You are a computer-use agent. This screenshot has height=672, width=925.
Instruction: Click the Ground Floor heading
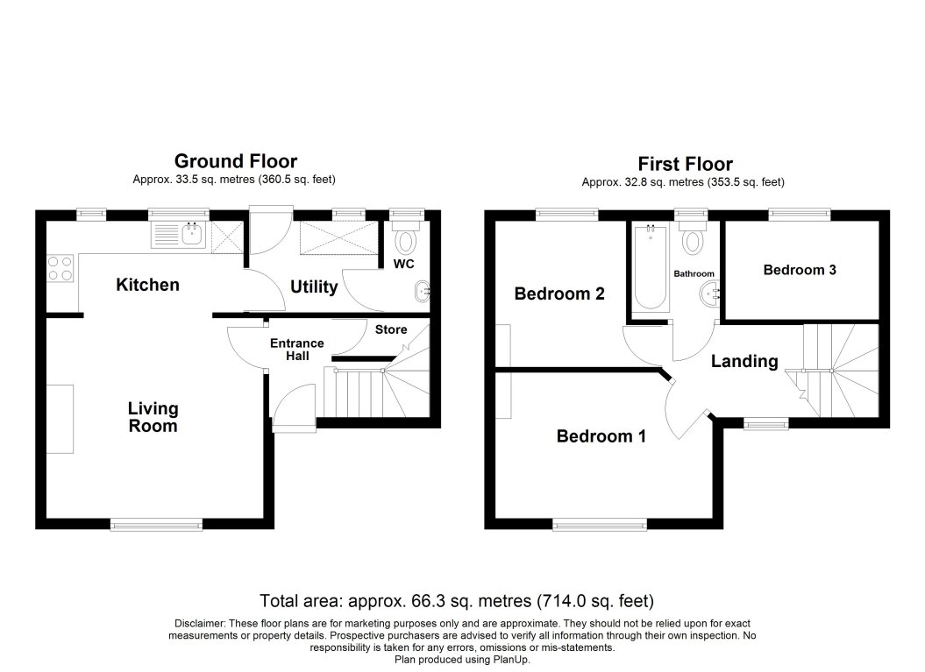tap(235, 161)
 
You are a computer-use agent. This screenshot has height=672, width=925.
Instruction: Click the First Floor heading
tap(684, 164)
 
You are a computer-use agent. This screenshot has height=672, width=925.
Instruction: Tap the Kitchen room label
tap(148, 285)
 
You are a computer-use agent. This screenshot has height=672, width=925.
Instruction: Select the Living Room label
tap(153, 417)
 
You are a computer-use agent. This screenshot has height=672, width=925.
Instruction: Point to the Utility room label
tap(313, 286)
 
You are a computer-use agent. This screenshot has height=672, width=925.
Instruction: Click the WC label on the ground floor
tap(403, 263)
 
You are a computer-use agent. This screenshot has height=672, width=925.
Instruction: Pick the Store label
tap(391, 329)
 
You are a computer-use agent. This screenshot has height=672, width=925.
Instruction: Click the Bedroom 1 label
tap(601, 435)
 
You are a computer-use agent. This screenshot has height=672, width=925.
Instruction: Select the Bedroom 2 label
tap(559, 294)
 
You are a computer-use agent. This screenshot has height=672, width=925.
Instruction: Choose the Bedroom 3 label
tap(799, 270)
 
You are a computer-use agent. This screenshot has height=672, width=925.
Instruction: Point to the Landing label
tap(744, 361)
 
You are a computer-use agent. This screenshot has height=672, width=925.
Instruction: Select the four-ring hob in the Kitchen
tap(60, 267)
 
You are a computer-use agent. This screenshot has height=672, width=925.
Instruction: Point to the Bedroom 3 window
tap(799, 211)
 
